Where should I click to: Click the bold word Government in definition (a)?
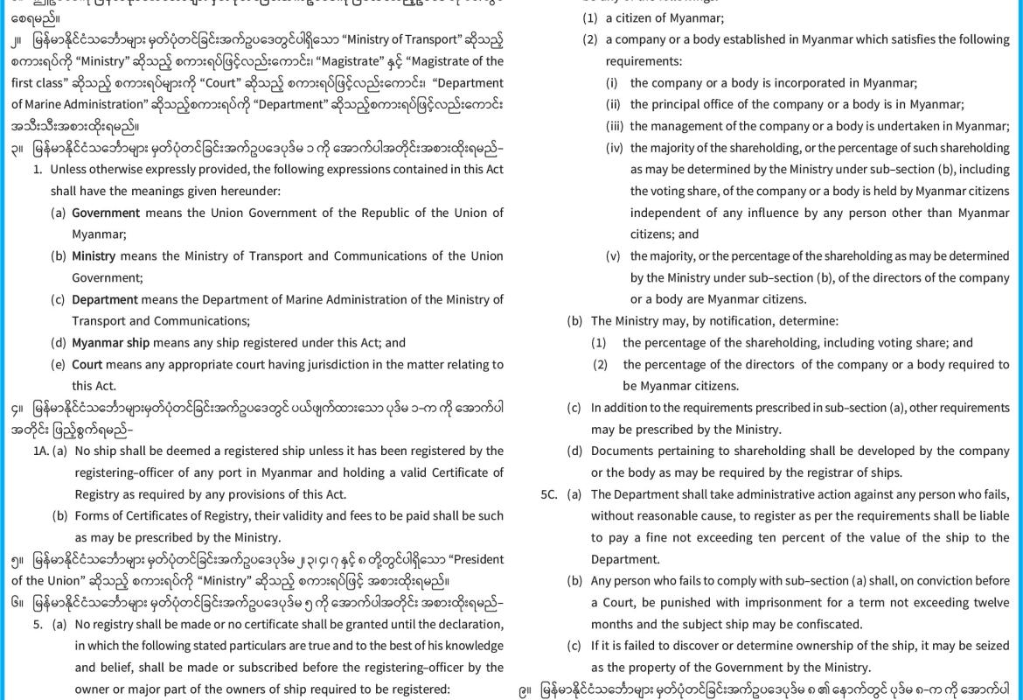[106, 213]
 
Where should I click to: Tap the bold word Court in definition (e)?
[87, 364]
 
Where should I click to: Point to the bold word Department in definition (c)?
[105, 299]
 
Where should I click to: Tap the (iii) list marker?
[616, 126]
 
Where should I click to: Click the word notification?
[735, 321]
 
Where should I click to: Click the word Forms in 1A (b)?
[91, 515]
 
